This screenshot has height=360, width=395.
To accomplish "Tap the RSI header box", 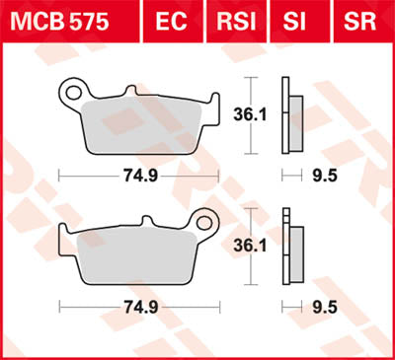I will coord(240,21).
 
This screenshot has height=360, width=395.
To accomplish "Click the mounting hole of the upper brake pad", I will coord(70,94).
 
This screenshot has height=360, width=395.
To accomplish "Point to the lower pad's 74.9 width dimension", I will coord(139,306).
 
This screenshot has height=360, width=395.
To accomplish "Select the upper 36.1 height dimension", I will coord(258,113).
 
